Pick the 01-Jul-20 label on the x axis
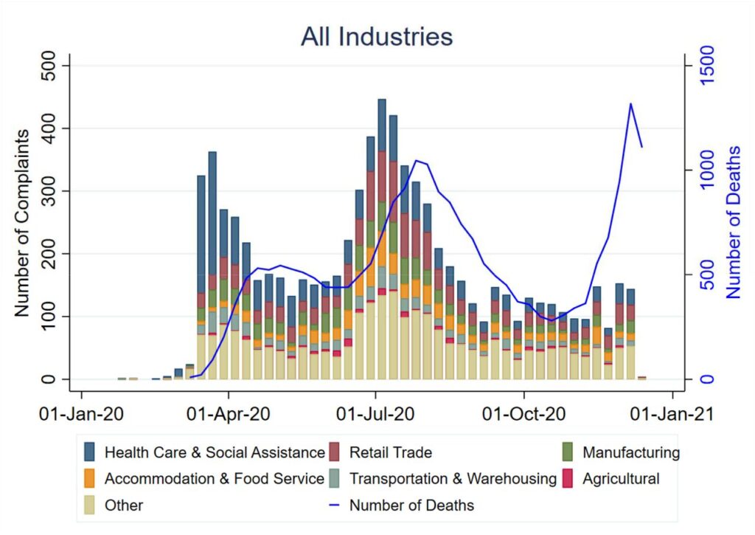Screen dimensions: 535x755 coord(376,415)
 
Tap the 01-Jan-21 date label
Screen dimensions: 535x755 coord(672,415)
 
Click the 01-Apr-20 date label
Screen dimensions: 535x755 coord(229,415)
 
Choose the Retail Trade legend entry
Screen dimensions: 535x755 coord(390,452)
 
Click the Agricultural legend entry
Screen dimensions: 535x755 coord(621,478)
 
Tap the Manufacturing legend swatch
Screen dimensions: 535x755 coord(568,452)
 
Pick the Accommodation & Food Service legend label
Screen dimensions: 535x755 coord(215,478)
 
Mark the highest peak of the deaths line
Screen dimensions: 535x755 coord(631,103)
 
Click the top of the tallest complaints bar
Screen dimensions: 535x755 coord(382,100)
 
